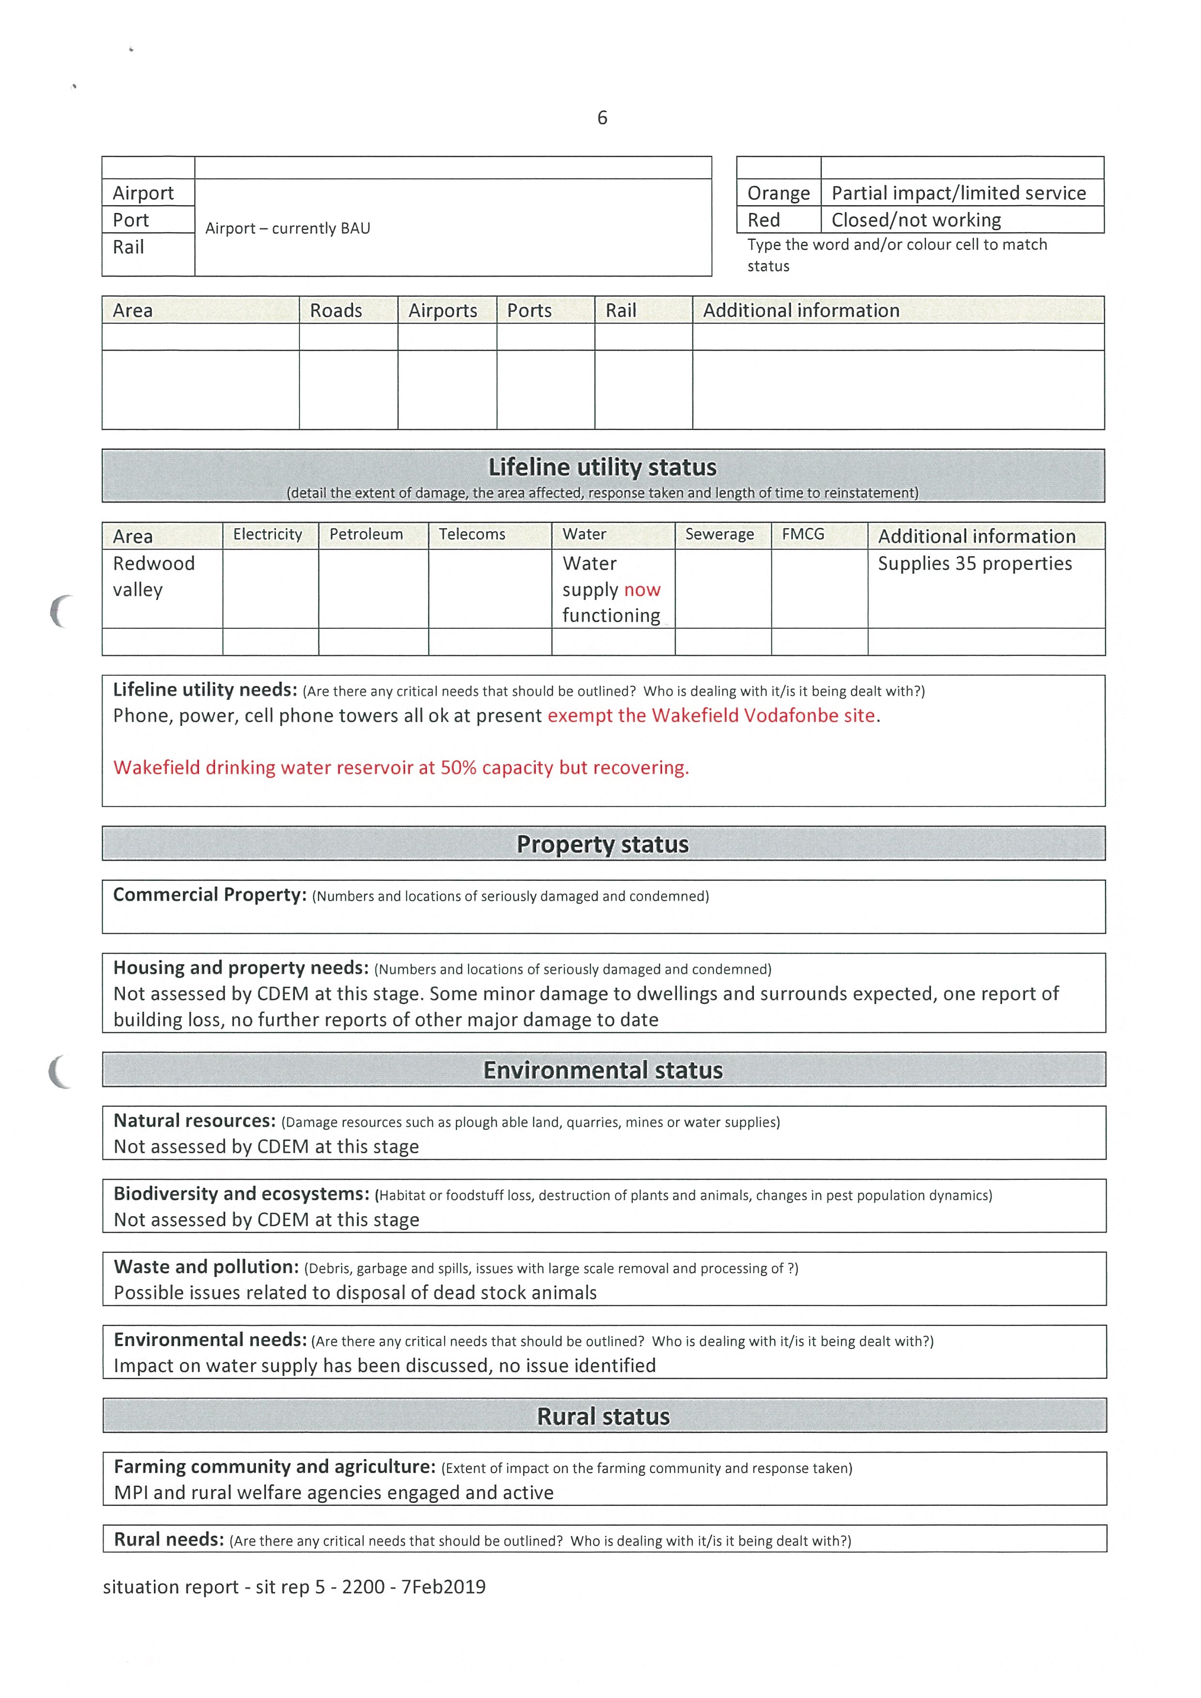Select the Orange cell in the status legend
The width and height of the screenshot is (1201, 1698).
coord(778,193)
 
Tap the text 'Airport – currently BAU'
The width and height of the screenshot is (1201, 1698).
coord(288,228)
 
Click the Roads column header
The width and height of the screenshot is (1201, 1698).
coord(336,311)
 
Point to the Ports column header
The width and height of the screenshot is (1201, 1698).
coord(529,311)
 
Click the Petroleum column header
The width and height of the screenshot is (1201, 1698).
coord(366,535)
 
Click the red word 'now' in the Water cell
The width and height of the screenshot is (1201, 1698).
coord(642,590)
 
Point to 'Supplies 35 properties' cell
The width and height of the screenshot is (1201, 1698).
coord(974,564)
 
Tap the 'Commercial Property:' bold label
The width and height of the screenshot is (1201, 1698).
coord(210,895)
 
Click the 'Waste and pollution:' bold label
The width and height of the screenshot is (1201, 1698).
coord(206,1267)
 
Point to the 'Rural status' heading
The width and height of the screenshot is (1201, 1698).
coord(603,1416)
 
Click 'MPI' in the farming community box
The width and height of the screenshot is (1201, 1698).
coord(130,1493)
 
